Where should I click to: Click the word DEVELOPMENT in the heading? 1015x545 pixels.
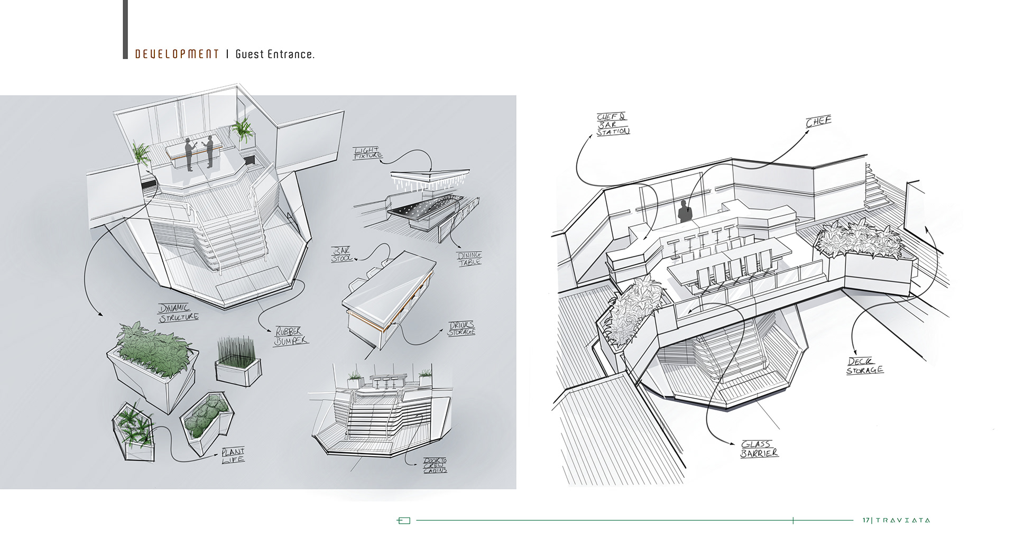pos(177,54)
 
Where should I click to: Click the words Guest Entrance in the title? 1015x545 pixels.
pos(274,54)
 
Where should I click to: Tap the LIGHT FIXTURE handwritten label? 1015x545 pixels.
pos(368,153)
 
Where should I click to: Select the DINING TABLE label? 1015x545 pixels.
pos(469,258)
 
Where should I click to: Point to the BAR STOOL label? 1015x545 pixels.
pos(342,254)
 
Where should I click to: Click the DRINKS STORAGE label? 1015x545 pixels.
pos(462,328)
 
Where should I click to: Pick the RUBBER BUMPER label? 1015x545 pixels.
pos(290,336)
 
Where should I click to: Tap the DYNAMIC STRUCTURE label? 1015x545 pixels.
pos(179,312)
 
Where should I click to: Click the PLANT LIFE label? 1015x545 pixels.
pos(233,455)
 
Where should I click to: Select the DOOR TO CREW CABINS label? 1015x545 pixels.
pos(435,465)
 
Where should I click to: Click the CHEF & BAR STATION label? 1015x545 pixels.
pos(613,125)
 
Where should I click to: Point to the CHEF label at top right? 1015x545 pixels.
pos(818,122)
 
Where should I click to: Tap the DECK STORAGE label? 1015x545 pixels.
pos(864,366)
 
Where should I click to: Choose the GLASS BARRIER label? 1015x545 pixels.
pos(759,449)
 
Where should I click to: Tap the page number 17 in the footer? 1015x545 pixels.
pos(865,520)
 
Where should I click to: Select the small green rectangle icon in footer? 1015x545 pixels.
pos(403,521)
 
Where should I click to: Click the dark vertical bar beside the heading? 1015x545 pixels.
pos(125,29)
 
